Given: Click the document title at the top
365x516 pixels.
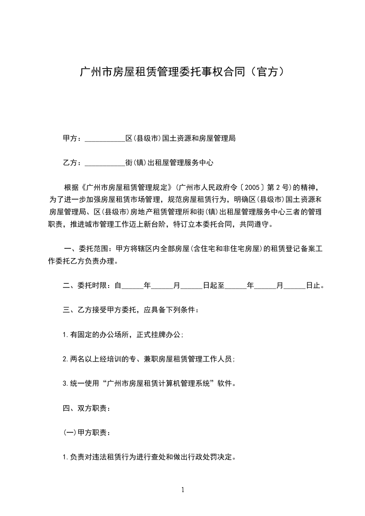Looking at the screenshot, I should (182, 72).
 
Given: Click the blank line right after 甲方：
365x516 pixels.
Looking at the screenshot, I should (105, 139).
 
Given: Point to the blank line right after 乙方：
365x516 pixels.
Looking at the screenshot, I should (105, 163).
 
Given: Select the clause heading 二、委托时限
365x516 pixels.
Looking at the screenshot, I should (86, 286).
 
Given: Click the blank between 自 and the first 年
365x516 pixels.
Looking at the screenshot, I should (132, 287).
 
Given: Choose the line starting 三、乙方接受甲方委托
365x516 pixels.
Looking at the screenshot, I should (131, 310).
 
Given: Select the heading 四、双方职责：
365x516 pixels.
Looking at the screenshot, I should (86, 408).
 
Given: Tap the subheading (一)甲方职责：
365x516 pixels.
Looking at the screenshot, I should (86, 433).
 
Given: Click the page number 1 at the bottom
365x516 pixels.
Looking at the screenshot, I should (183, 490).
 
